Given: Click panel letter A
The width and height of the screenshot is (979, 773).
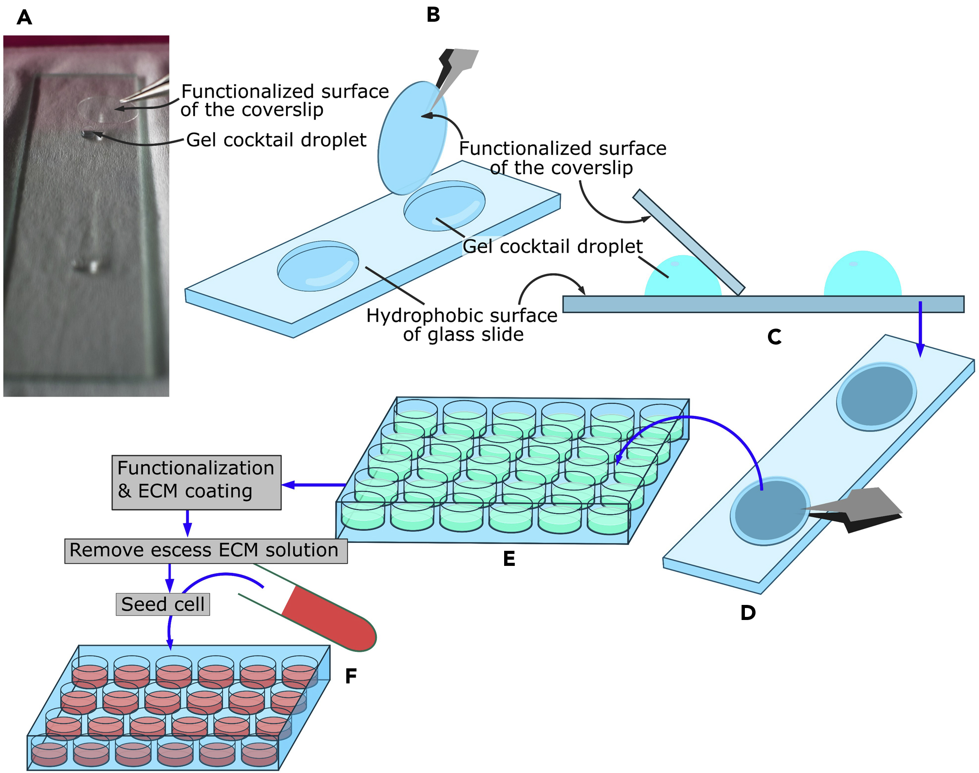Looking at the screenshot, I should click(24, 18).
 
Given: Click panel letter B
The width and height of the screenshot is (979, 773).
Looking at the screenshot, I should click(433, 15).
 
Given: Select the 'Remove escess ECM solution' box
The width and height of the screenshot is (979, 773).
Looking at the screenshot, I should click(206, 551).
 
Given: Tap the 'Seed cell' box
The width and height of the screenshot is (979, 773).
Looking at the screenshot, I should click(163, 604).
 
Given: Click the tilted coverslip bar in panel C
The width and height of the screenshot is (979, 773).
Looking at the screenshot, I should click(688, 242).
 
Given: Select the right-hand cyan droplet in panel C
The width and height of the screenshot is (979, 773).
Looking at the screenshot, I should click(862, 276).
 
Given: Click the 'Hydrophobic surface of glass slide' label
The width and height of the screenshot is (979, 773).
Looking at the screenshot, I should click(462, 325).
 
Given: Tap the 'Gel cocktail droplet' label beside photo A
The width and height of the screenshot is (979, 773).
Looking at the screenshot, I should click(276, 140).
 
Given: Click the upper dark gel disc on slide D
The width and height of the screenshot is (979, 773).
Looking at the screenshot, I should click(876, 396).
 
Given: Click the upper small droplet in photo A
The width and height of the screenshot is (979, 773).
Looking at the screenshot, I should click(89, 134).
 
